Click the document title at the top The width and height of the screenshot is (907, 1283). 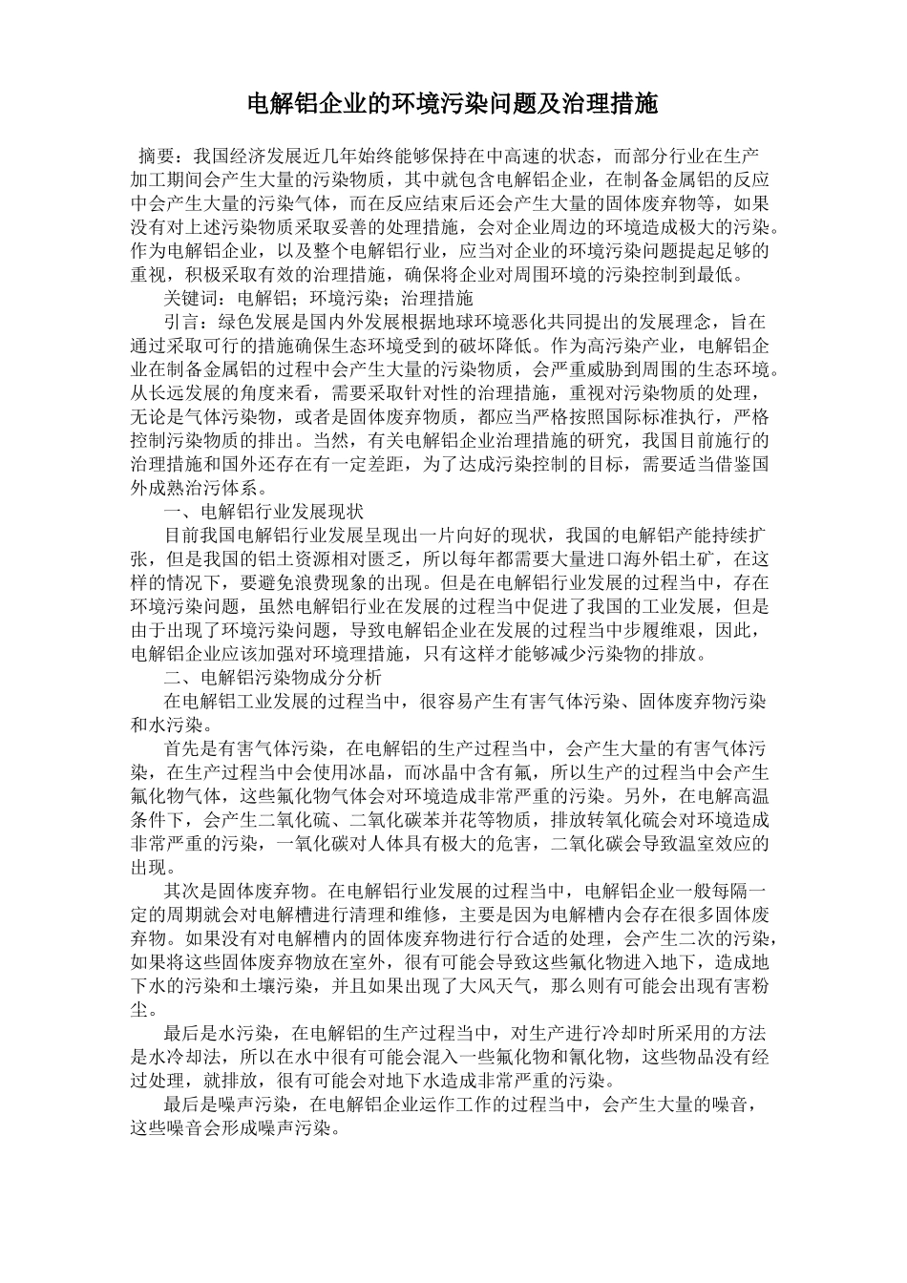[453, 104]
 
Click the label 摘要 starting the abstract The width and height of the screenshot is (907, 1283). [156, 156]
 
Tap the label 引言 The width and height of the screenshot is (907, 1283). [181, 323]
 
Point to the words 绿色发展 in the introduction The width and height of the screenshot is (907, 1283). [256, 323]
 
